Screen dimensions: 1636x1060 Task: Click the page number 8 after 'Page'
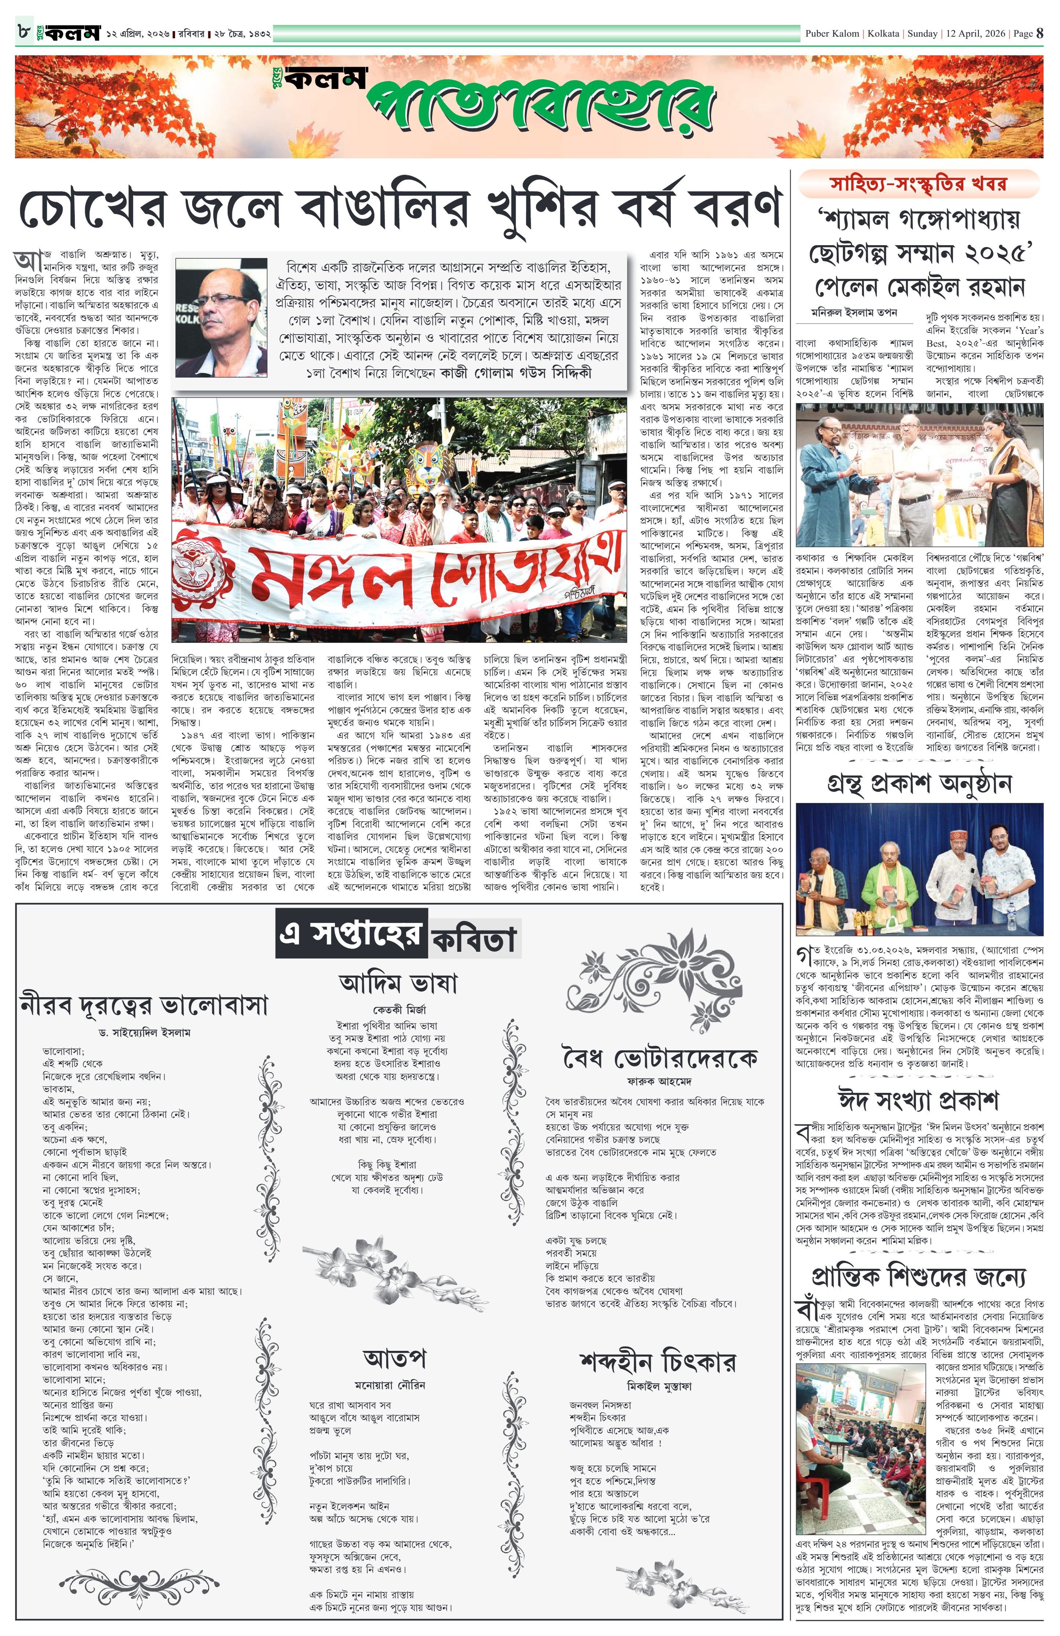[1040, 33]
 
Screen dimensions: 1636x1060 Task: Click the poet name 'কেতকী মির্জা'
[399, 1010]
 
